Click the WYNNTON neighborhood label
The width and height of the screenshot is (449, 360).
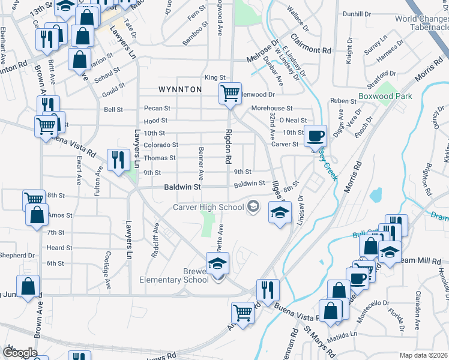179,89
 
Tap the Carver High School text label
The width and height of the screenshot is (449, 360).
208,207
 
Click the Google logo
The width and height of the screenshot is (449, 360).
19,352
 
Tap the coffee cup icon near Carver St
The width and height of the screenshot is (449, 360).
315,136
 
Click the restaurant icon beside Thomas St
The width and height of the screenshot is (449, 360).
117,159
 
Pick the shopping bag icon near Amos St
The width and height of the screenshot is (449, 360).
37,214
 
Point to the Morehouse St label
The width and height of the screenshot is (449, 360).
271,109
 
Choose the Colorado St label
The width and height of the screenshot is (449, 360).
160,145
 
